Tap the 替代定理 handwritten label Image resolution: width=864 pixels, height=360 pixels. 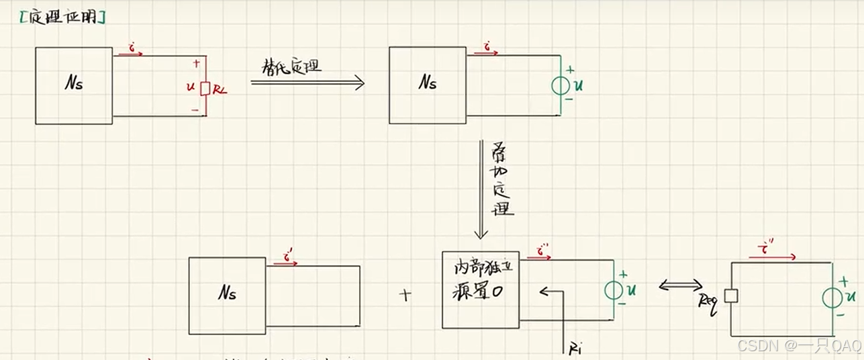point(291,66)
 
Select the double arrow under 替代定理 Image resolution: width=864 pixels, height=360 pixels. point(307,83)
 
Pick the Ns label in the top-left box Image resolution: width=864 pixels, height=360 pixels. point(74,85)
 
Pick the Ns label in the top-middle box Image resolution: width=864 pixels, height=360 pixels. point(428,83)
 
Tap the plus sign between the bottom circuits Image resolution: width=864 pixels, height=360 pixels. point(405,294)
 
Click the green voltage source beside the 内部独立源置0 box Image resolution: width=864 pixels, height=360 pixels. point(613,290)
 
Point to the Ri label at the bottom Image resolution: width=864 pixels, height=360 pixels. point(575,348)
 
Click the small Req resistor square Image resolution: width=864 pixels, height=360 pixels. point(731,296)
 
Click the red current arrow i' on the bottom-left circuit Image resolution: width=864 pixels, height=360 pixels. point(285,262)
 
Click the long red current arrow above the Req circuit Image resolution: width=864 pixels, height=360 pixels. point(772,256)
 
